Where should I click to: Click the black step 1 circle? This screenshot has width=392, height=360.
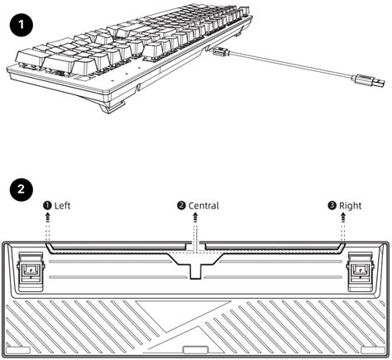[22, 25]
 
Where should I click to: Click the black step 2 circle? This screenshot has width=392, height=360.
[22, 190]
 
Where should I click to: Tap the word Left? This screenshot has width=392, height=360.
[62, 205]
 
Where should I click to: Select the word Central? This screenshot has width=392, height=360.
[203, 205]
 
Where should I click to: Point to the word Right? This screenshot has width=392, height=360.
[350, 206]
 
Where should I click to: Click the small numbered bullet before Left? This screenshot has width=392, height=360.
[47, 205]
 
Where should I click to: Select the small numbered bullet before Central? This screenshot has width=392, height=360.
[181, 205]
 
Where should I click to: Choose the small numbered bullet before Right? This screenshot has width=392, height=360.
[332, 205]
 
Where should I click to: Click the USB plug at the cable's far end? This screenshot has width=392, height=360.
[368, 81]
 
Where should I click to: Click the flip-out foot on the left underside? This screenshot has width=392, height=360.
[31, 271]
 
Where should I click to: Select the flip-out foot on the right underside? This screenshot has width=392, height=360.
[361, 271]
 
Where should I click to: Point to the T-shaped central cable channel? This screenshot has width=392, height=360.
[196, 264]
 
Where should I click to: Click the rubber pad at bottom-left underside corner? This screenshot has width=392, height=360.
[18, 350]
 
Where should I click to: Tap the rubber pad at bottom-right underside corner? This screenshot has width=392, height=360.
[373, 350]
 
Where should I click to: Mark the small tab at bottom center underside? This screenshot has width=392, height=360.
[195, 349]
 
